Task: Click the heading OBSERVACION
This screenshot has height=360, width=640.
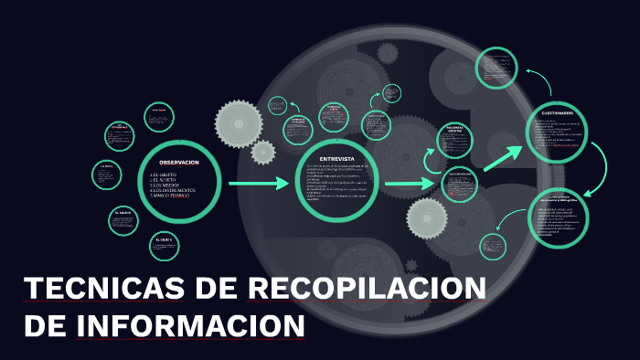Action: point(178,162)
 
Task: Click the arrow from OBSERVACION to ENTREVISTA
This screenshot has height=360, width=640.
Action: point(258,185)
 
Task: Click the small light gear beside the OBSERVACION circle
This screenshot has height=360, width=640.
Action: point(263,152)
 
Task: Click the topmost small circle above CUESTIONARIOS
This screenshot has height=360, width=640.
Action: point(498,67)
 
